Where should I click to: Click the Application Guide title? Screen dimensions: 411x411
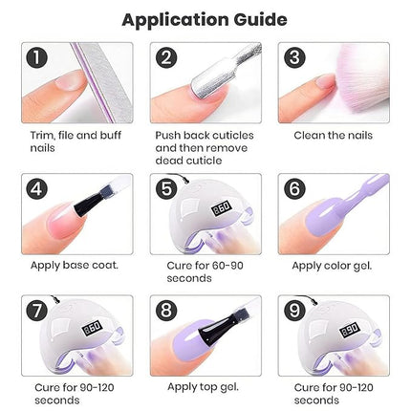coord(205,18)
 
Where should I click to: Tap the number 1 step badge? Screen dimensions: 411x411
coord(37,58)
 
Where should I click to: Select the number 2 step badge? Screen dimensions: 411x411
coord(167,58)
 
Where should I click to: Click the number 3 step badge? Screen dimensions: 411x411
coord(294,58)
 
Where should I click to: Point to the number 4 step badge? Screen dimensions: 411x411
coord(37,188)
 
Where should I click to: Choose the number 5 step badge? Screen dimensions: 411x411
coord(167,188)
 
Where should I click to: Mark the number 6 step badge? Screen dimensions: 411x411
coord(294,188)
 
